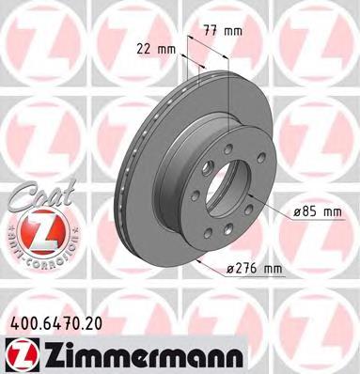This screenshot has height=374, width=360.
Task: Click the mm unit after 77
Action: [x=233, y=32]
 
